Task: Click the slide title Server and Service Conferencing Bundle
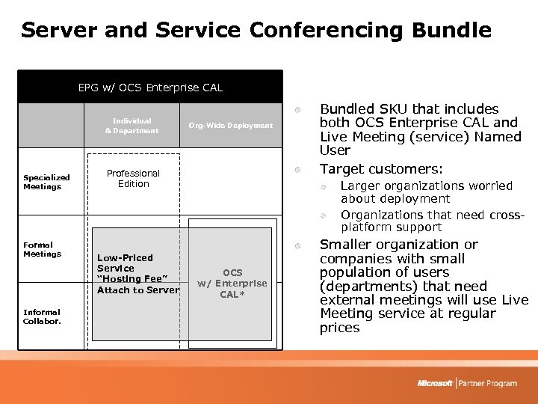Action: click(x=256, y=31)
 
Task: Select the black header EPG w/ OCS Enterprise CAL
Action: click(x=150, y=88)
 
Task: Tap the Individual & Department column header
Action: click(x=132, y=126)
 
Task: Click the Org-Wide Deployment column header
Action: click(x=230, y=126)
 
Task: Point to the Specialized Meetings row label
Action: click(x=46, y=182)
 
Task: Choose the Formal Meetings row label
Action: click(x=38, y=249)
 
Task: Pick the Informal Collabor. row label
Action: click(x=42, y=316)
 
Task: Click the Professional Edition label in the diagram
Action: click(x=133, y=178)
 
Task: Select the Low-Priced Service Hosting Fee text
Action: click(x=138, y=274)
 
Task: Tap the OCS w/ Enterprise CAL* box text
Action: click(x=232, y=284)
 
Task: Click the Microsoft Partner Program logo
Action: click(x=467, y=383)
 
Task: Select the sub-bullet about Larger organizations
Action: click(x=426, y=192)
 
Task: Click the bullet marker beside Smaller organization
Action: click(x=297, y=245)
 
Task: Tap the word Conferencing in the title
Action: click(x=326, y=31)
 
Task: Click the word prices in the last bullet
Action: click(x=339, y=328)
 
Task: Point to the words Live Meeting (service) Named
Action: click(x=420, y=137)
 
